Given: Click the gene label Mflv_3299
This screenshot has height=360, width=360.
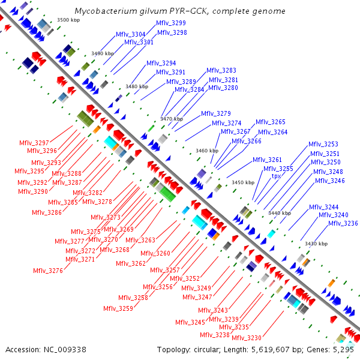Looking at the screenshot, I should pyautogui.click(x=171, y=23).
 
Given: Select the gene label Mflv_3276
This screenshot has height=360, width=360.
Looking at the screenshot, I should pyautogui.click(x=48, y=271).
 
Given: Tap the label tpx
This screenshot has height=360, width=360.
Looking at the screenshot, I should pyautogui.click(x=276, y=176).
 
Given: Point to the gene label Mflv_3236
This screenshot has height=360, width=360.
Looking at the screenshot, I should pyautogui.click(x=343, y=223).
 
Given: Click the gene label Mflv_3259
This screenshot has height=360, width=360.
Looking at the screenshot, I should pyautogui.click(x=118, y=308).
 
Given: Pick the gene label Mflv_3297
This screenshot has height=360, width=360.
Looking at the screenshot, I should pyautogui.click(x=34, y=143).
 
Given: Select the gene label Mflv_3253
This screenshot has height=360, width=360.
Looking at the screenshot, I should pyautogui.click(x=323, y=144).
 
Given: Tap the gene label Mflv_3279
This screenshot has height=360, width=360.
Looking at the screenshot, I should pyautogui.click(x=215, y=113).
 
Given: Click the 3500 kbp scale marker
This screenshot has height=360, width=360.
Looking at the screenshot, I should pyautogui.click(x=68, y=20).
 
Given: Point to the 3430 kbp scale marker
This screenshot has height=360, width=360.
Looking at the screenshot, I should pyautogui.click(x=316, y=244).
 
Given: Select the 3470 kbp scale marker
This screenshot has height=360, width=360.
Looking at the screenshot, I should pyautogui.click(x=172, y=119).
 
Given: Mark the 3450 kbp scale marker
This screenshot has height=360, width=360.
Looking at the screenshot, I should pyautogui.click(x=243, y=182).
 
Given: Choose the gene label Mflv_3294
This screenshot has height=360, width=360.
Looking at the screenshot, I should pyautogui.click(x=161, y=63).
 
